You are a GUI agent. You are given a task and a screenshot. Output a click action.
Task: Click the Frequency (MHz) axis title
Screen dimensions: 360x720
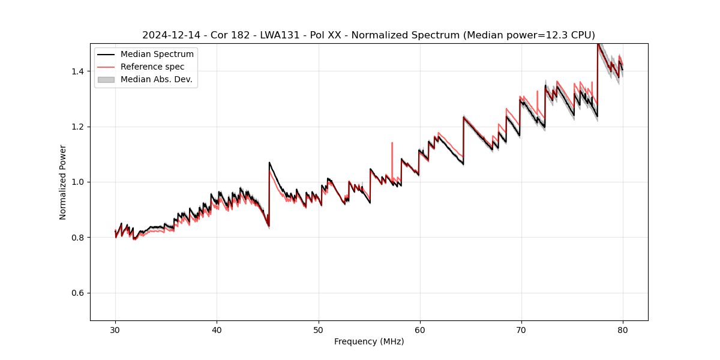(369, 341)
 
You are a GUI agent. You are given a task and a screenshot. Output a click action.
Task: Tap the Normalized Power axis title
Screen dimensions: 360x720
(63, 182)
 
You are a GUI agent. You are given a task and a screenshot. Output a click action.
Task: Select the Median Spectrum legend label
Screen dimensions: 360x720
(157, 54)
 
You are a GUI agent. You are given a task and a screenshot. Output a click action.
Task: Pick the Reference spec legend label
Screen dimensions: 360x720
(152, 67)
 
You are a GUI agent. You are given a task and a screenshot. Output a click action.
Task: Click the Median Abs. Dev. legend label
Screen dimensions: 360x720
(157, 79)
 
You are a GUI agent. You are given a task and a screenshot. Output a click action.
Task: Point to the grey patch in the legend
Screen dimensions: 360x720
(106, 79)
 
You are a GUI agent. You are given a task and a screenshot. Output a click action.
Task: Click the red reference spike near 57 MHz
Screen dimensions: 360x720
(392, 143)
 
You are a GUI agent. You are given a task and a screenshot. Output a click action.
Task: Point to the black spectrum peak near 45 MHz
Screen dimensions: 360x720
(269, 163)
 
